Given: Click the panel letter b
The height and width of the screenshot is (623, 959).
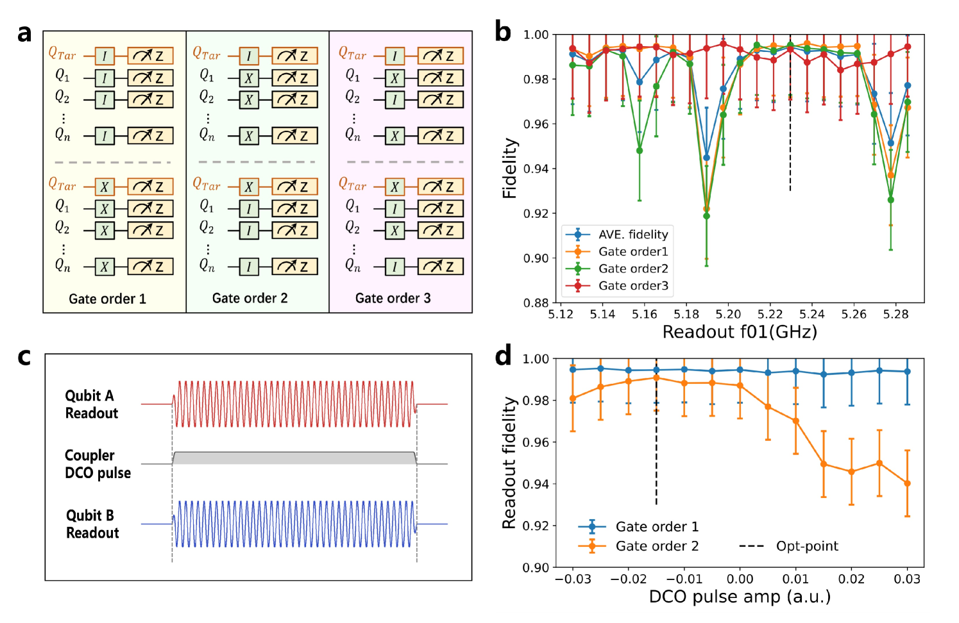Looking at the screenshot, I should [x=504, y=32].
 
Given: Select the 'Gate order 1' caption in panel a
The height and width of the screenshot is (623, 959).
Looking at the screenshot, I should [x=107, y=299].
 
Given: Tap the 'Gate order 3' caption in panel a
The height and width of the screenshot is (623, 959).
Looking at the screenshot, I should [x=393, y=298].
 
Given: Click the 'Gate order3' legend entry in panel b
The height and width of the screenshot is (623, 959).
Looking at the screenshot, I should [x=632, y=286].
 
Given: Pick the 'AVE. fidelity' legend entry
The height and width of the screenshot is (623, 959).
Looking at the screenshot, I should [x=632, y=235].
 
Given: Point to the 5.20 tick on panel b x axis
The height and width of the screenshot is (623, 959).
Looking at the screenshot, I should [x=728, y=315].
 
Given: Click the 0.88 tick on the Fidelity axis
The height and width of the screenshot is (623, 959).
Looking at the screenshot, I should [x=536, y=303].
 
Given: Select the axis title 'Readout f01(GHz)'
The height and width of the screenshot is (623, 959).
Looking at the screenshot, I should [x=739, y=332].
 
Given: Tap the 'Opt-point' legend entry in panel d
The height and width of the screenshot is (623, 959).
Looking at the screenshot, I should [x=806, y=546].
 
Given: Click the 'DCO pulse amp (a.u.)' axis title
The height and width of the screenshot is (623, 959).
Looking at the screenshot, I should [x=739, y=597].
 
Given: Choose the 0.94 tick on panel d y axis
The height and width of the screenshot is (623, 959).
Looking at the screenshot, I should [x=536, y=484].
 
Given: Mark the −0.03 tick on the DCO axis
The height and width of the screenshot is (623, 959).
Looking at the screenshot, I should [x=572, y=579].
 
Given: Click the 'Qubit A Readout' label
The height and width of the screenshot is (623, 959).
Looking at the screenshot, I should [x=91, y=404].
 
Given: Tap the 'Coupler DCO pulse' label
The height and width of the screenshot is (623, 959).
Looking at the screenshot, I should [x=98, y=464].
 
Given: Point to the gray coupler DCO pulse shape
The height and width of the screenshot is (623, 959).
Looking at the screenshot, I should [x=294, y=458].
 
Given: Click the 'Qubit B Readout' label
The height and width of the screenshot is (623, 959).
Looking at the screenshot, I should [x=92, y=524].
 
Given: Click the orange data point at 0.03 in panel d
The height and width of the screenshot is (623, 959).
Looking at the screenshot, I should [x=907, y=483].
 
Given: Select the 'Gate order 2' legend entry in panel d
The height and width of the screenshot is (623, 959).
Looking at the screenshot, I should [x=656, y=546].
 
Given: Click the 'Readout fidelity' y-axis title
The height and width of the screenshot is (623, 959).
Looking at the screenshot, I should [x=509, y=463].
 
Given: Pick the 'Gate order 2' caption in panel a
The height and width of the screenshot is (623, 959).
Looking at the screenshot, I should [x=250, y=298].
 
